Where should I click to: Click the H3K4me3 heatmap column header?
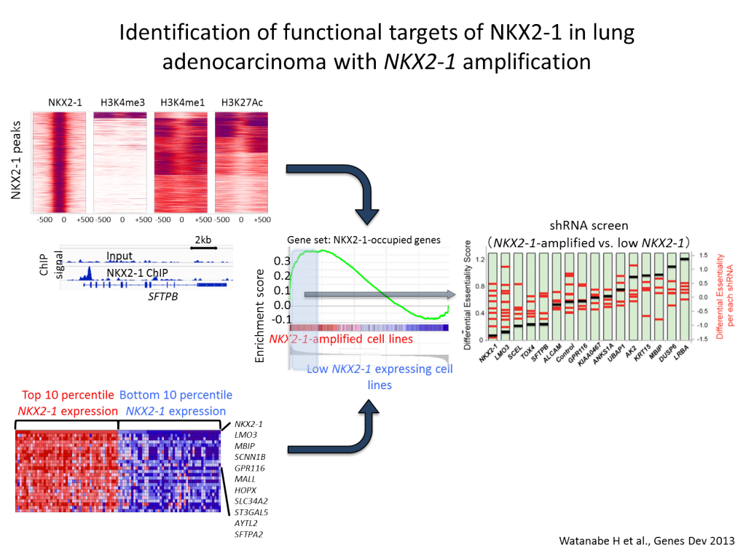point(119,103)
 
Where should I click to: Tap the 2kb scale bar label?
point(203,239)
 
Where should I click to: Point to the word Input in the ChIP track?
point(119,256)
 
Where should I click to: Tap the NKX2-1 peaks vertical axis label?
point(16,161)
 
